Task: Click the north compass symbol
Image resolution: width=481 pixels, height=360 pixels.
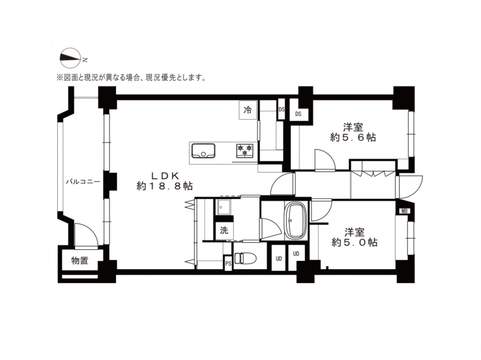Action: pyautogui.click(x=70, y=58)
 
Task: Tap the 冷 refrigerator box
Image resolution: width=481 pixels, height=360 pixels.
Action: pyautogui.click(x=248, y=110)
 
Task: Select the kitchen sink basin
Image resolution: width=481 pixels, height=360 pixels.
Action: pyautogui.click(x=203, y=151)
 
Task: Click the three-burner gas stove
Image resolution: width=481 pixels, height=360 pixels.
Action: pyautogui.click(x=245, y=150)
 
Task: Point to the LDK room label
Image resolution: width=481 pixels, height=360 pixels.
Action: pyautogui.click(x=165, y=175)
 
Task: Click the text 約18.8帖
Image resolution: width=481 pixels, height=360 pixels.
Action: pyautogui.click(x=164, y=186)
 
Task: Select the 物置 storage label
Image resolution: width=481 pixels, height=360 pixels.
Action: pyautogui.click(x=80, y=261)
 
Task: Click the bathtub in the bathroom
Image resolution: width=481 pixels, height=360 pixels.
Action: pyautogui.click(x=296, y=220)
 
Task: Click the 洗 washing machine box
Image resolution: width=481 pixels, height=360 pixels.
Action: pyautogui.click(x=224, y=230)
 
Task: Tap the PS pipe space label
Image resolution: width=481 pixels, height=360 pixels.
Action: pyautogui.click(x=228, y=264)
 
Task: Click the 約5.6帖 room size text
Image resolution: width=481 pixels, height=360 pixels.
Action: pyautogui.click(x=353, y=138)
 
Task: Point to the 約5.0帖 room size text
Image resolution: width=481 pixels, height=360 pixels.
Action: pyautogui.click(x=354, y=242)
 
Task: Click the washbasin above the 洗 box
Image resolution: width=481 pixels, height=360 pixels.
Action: pyautogui.click(x=224, y=207)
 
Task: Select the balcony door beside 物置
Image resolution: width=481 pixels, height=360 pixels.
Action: pyautogui.click(x=87, y=234)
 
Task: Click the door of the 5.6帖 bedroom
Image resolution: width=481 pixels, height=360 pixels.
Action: pyautogui.click(x=325, y=159)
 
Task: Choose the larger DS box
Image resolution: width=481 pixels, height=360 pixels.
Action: pyautogui.click(x=298, y=114)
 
